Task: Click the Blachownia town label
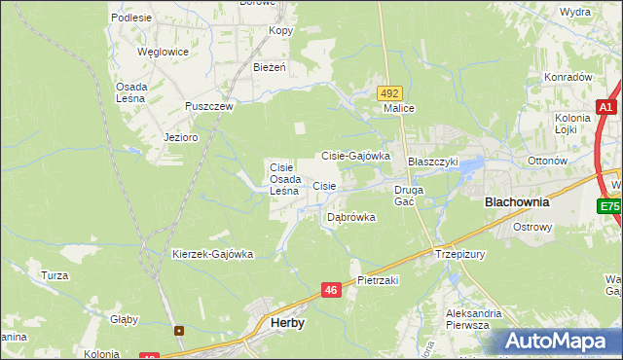tap(517, 202)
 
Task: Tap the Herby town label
tap(287, 323)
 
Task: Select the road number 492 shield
tap(389, 92)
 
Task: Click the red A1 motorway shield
tap(605, 107)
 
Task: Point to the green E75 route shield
tap(609, 206)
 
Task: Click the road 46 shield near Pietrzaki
tap(331, 289)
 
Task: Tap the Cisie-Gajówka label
tap(355, 155)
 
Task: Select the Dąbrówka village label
tap(350, 217)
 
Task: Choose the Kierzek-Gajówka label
tap(212, 254)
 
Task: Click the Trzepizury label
tap(460, 252)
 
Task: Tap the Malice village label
tap(399, 108)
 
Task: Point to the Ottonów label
tap(546, 160)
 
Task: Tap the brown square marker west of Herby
tap(179, 331)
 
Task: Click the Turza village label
tap(55, 275)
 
